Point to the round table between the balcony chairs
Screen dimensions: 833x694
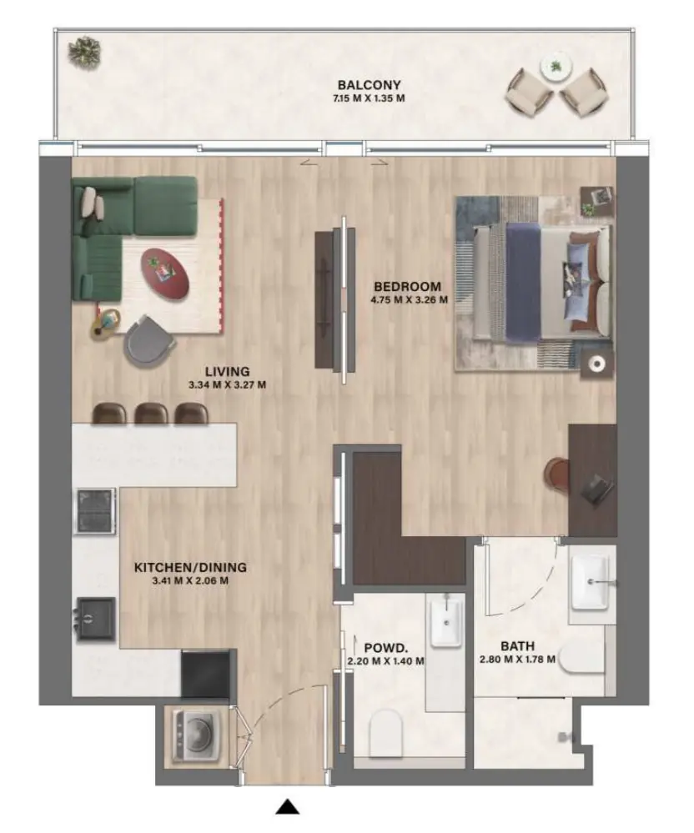(555, 68)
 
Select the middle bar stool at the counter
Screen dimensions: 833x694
(151, 413)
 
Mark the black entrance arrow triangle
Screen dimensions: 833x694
(288, 806)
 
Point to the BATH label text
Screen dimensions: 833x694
(517, 646)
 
